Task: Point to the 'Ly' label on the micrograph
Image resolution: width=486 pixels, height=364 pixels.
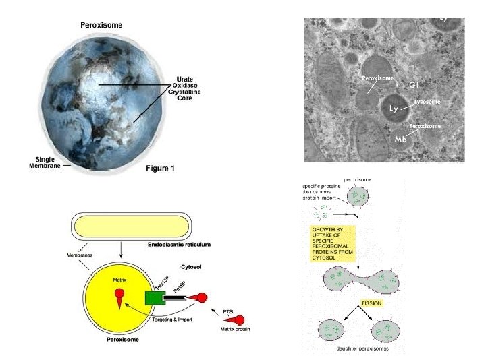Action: [x=394, y=108]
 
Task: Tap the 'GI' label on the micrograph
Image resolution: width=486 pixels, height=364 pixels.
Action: [x=416, y=86]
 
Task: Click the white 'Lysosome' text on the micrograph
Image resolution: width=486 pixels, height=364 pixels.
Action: [x=427, y=102]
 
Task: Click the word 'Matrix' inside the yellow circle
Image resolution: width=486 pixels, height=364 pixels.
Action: [x=119, y=276]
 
